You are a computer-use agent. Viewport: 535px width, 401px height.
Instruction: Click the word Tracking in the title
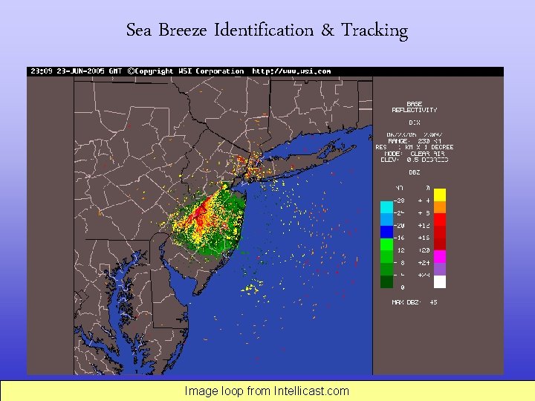click(374, 31)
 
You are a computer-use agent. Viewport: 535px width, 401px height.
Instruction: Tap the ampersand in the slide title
click(328, 31)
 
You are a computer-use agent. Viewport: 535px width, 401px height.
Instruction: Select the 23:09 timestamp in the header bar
click(40, 71)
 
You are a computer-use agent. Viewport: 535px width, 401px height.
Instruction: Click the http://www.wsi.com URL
click(291, 71)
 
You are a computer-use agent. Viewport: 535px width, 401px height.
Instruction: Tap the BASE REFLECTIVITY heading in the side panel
click(414, 106)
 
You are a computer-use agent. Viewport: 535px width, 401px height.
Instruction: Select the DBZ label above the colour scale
click(414, 172)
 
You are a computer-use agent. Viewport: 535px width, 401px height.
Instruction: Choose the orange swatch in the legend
click(440, 207)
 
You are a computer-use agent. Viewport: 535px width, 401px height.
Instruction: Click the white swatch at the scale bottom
click(440, 281)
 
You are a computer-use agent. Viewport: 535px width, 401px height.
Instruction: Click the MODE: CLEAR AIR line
click(414, 152)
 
